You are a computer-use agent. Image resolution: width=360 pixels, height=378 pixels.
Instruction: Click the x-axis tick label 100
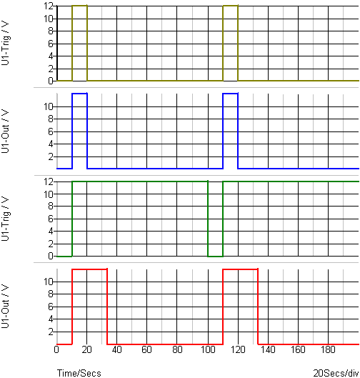[x=208, y=349]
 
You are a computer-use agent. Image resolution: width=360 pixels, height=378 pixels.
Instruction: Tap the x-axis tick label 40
[x=117, y=349]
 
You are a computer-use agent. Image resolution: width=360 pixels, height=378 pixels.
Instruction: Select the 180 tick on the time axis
[x=328, y=349]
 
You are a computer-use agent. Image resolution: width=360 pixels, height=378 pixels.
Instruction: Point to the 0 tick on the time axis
[x=56, y=349]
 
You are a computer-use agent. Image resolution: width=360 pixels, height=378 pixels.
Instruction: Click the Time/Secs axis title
[x=79, y=373]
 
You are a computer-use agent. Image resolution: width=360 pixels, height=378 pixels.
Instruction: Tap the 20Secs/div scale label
[x=336, y=373]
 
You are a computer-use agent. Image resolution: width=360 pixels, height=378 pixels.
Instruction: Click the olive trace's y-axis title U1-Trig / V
[x=5, y=44]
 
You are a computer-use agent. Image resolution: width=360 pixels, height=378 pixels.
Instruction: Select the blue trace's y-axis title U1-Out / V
[x=5, y=131]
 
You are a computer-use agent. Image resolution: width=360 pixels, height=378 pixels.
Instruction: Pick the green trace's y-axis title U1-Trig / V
[x=5, y=219]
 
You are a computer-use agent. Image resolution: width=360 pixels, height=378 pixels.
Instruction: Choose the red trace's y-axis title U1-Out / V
[x=5, y=306]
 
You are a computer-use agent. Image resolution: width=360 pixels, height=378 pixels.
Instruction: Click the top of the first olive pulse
[x=79, y=6]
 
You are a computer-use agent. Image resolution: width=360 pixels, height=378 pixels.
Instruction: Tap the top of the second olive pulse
[x=231, y=6]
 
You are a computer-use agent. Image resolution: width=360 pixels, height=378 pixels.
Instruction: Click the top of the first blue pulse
[x=79, y=94]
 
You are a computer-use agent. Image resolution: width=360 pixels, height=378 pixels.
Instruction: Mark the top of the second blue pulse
[x=231, y=94]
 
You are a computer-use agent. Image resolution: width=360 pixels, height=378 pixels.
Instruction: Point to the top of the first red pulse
[x=89, y=269]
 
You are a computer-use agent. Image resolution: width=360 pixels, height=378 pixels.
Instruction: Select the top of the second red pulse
[x=241, y=269]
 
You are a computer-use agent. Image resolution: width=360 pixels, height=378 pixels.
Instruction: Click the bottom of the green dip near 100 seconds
[x=216, y=257]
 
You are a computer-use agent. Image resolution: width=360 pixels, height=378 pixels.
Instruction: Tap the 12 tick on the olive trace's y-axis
[x=49, y=6]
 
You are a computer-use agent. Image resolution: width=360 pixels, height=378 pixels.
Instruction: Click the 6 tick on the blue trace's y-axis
[x=51, y=131]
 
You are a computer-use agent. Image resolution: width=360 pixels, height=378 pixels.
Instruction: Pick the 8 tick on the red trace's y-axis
[x=51, y=294]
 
